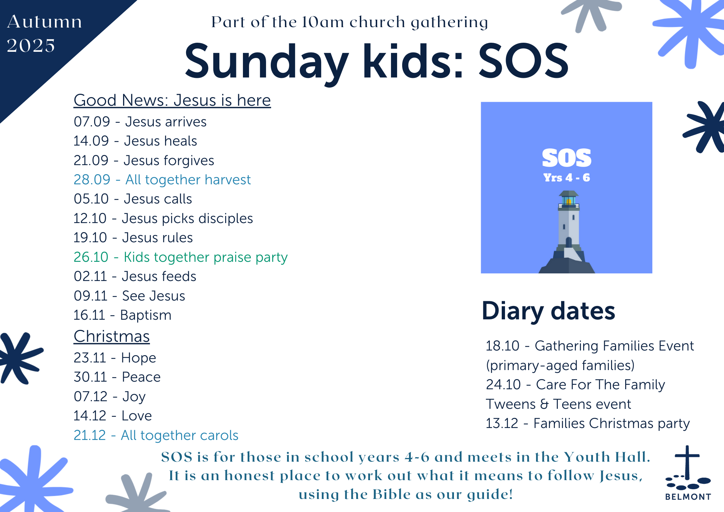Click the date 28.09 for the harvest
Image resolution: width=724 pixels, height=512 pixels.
pos(92,180)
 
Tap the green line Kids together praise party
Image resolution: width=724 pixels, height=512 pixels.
pos(181,257)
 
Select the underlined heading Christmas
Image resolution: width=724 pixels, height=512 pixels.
pos(111,336)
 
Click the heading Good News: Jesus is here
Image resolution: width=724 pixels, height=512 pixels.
pos(172,100)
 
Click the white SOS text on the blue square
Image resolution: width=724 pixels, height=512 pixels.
pos(567,158)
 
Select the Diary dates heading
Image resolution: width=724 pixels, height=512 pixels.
pos(548,311)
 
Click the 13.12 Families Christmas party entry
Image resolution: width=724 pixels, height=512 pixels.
pos(588,423)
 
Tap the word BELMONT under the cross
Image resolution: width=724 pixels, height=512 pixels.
pos(688,497)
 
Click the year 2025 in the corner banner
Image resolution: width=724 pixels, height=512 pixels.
pos(31,46)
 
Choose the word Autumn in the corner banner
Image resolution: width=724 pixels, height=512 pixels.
pos(45,22)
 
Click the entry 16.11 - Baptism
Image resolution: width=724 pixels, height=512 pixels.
pos(122,315)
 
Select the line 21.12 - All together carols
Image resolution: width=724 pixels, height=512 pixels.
pos(156,435)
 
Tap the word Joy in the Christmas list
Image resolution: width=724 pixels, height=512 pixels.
pos(134,397)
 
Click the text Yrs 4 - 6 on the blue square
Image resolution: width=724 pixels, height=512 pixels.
pos(567,177)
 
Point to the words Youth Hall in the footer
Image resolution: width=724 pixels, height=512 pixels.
pos(607,457)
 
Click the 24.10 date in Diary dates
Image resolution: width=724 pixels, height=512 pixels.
pos(503,385)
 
